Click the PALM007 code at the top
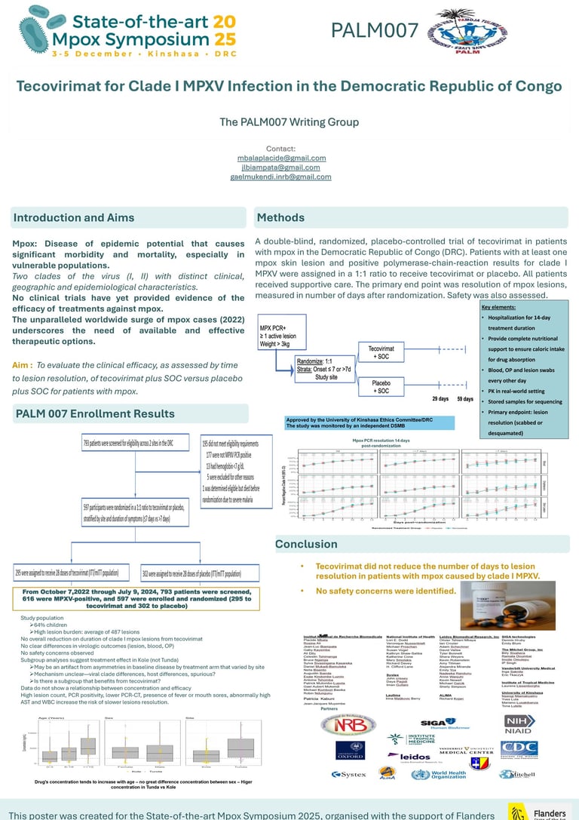point(375,30)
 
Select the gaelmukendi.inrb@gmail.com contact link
point(280,177)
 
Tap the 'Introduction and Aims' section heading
point(74,218)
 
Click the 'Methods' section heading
point(280,218)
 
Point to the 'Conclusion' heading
point(306,544)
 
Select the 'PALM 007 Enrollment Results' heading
point(95,413)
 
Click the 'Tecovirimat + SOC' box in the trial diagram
point(381,352)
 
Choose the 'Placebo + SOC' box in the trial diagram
point(381,386)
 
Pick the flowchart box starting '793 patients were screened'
point(128,444)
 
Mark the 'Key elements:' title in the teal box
point(498,309)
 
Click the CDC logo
point(519,748)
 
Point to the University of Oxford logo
point(350,750)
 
